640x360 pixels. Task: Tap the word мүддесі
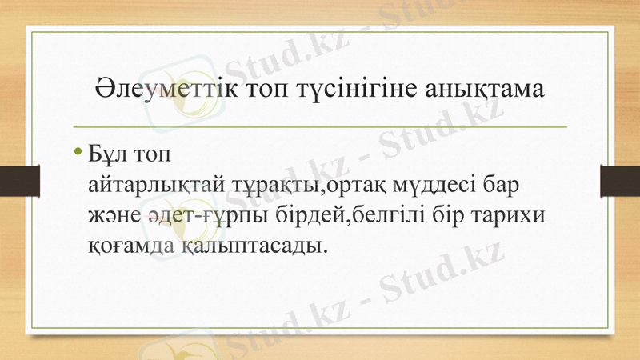(430, 186)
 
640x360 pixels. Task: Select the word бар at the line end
(500, 186)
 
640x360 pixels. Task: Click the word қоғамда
(126, 242)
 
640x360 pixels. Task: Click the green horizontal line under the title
(320, 126)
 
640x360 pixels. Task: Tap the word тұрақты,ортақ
(302, 186)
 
